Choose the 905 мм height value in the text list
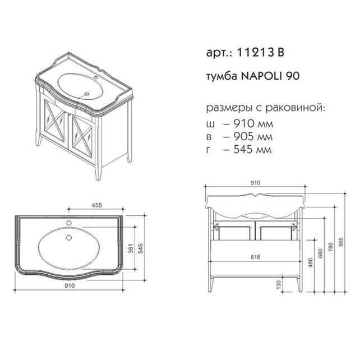(x=242, y=136)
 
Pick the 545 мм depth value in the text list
(x=242, y=150)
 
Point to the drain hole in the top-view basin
(x=70, y=236)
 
